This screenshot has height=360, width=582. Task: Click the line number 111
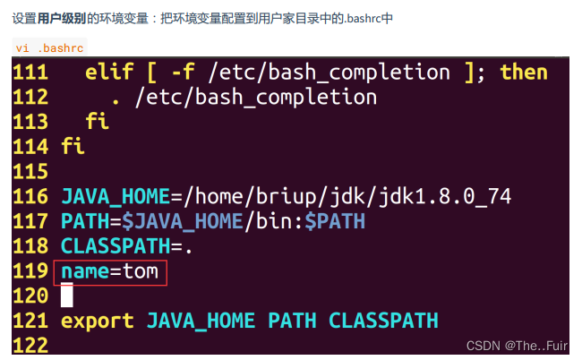[x=30, y=72]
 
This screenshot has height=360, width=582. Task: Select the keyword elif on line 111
[x=109, y=72]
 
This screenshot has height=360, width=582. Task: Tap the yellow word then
[x=524, y=72]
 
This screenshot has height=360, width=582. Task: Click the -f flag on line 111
[x=184, y=72]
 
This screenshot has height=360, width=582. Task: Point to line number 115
[x=30, y=171]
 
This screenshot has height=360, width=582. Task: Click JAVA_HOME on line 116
[x=116, y=196]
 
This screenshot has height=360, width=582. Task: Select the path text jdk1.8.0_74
[x=445, y=196]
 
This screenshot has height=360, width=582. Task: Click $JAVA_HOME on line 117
[x=183, y=221]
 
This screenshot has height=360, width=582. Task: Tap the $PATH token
[x=335, y=221]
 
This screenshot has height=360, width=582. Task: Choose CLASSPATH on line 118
[x=116, y=246]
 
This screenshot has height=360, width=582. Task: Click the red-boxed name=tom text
[x=110, y=271]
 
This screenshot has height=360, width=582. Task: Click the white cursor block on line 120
[x=67, y=295]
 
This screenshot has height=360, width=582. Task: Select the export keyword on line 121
[x=98, y=321]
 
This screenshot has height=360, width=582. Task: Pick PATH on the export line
[x=292, y=321]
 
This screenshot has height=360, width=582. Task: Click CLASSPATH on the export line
[x=383, y=321]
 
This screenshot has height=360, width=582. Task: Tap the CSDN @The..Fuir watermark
[x=517, y=346]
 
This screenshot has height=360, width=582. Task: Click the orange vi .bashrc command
[x=49, y=48]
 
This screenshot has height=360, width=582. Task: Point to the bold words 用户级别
[x=62, y=18]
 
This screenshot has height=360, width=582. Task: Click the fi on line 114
[x=73, y=146]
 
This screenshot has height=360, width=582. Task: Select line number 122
[x=30, y=345]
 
